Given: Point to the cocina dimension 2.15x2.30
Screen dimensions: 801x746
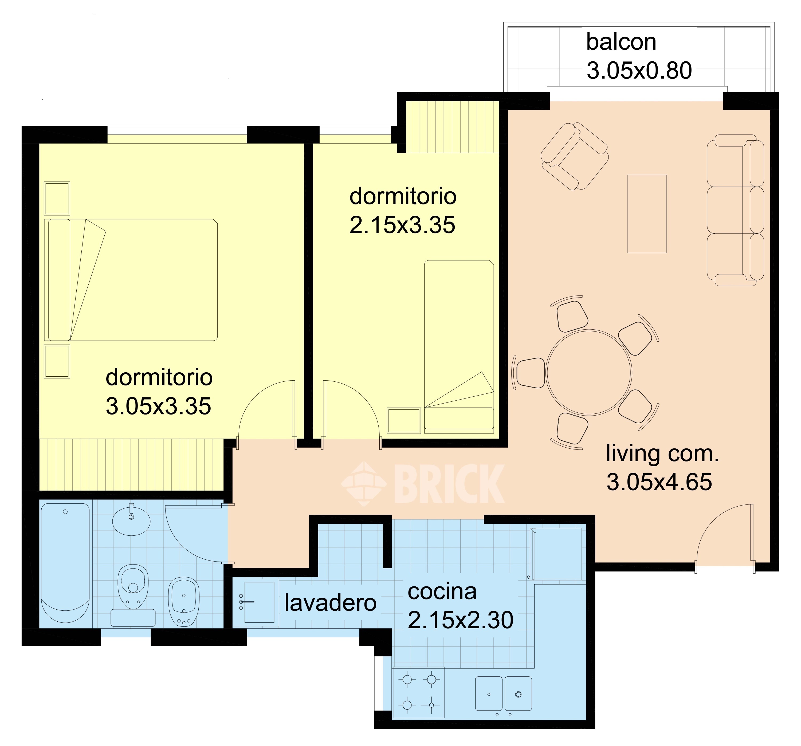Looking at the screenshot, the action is point(461,620).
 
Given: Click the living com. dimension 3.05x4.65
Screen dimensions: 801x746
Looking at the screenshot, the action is point(659,482).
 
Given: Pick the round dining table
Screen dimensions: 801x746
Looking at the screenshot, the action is point(589,373).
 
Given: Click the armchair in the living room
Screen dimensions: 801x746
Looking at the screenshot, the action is point(575,156).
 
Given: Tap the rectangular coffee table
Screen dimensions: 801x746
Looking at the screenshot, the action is point(647,214).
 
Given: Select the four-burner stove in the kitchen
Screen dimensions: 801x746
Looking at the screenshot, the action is point(418,692).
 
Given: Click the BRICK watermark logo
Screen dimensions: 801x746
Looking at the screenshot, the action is point(423,483).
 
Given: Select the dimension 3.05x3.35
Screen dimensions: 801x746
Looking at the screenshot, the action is point(158,406).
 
